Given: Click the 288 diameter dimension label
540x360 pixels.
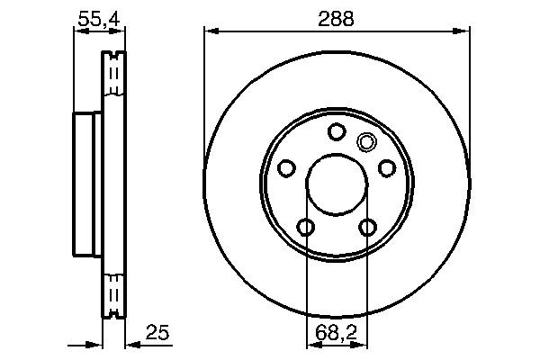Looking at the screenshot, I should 337,16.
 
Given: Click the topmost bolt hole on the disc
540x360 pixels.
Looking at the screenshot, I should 337,132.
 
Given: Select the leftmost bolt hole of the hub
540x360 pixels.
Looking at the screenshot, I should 287,168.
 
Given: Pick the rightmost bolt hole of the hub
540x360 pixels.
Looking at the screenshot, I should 386,168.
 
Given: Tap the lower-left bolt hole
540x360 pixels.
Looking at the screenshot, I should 306,227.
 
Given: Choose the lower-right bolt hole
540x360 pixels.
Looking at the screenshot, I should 367,227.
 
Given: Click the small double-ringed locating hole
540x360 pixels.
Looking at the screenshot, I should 366,141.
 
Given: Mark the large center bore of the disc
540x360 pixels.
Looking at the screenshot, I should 337,184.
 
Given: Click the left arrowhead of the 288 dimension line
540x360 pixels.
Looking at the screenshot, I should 211,31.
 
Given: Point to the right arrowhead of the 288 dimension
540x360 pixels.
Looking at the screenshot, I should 464,31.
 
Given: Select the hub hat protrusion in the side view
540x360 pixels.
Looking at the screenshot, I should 86,184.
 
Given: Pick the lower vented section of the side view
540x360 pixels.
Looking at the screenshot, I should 113,292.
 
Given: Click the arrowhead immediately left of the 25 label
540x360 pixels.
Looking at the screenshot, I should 131,343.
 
